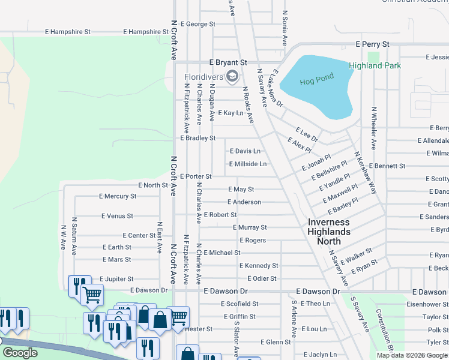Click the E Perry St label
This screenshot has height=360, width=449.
click(x=372, y=44)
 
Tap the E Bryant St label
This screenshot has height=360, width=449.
click(x=228, y=62)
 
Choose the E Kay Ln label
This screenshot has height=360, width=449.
click(x=231, y=113)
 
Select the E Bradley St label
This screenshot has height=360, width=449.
click(x=197, y=138)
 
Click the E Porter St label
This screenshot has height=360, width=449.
click(x=196, y=176)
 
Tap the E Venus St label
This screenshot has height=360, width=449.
click(x=117, y=215)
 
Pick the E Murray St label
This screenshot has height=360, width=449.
click(x=250, y=227)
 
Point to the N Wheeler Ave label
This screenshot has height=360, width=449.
click(x=373, y=128)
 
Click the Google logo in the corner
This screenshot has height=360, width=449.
click(x=20, y=353)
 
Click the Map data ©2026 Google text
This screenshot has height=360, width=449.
click(x=411, y=355)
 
